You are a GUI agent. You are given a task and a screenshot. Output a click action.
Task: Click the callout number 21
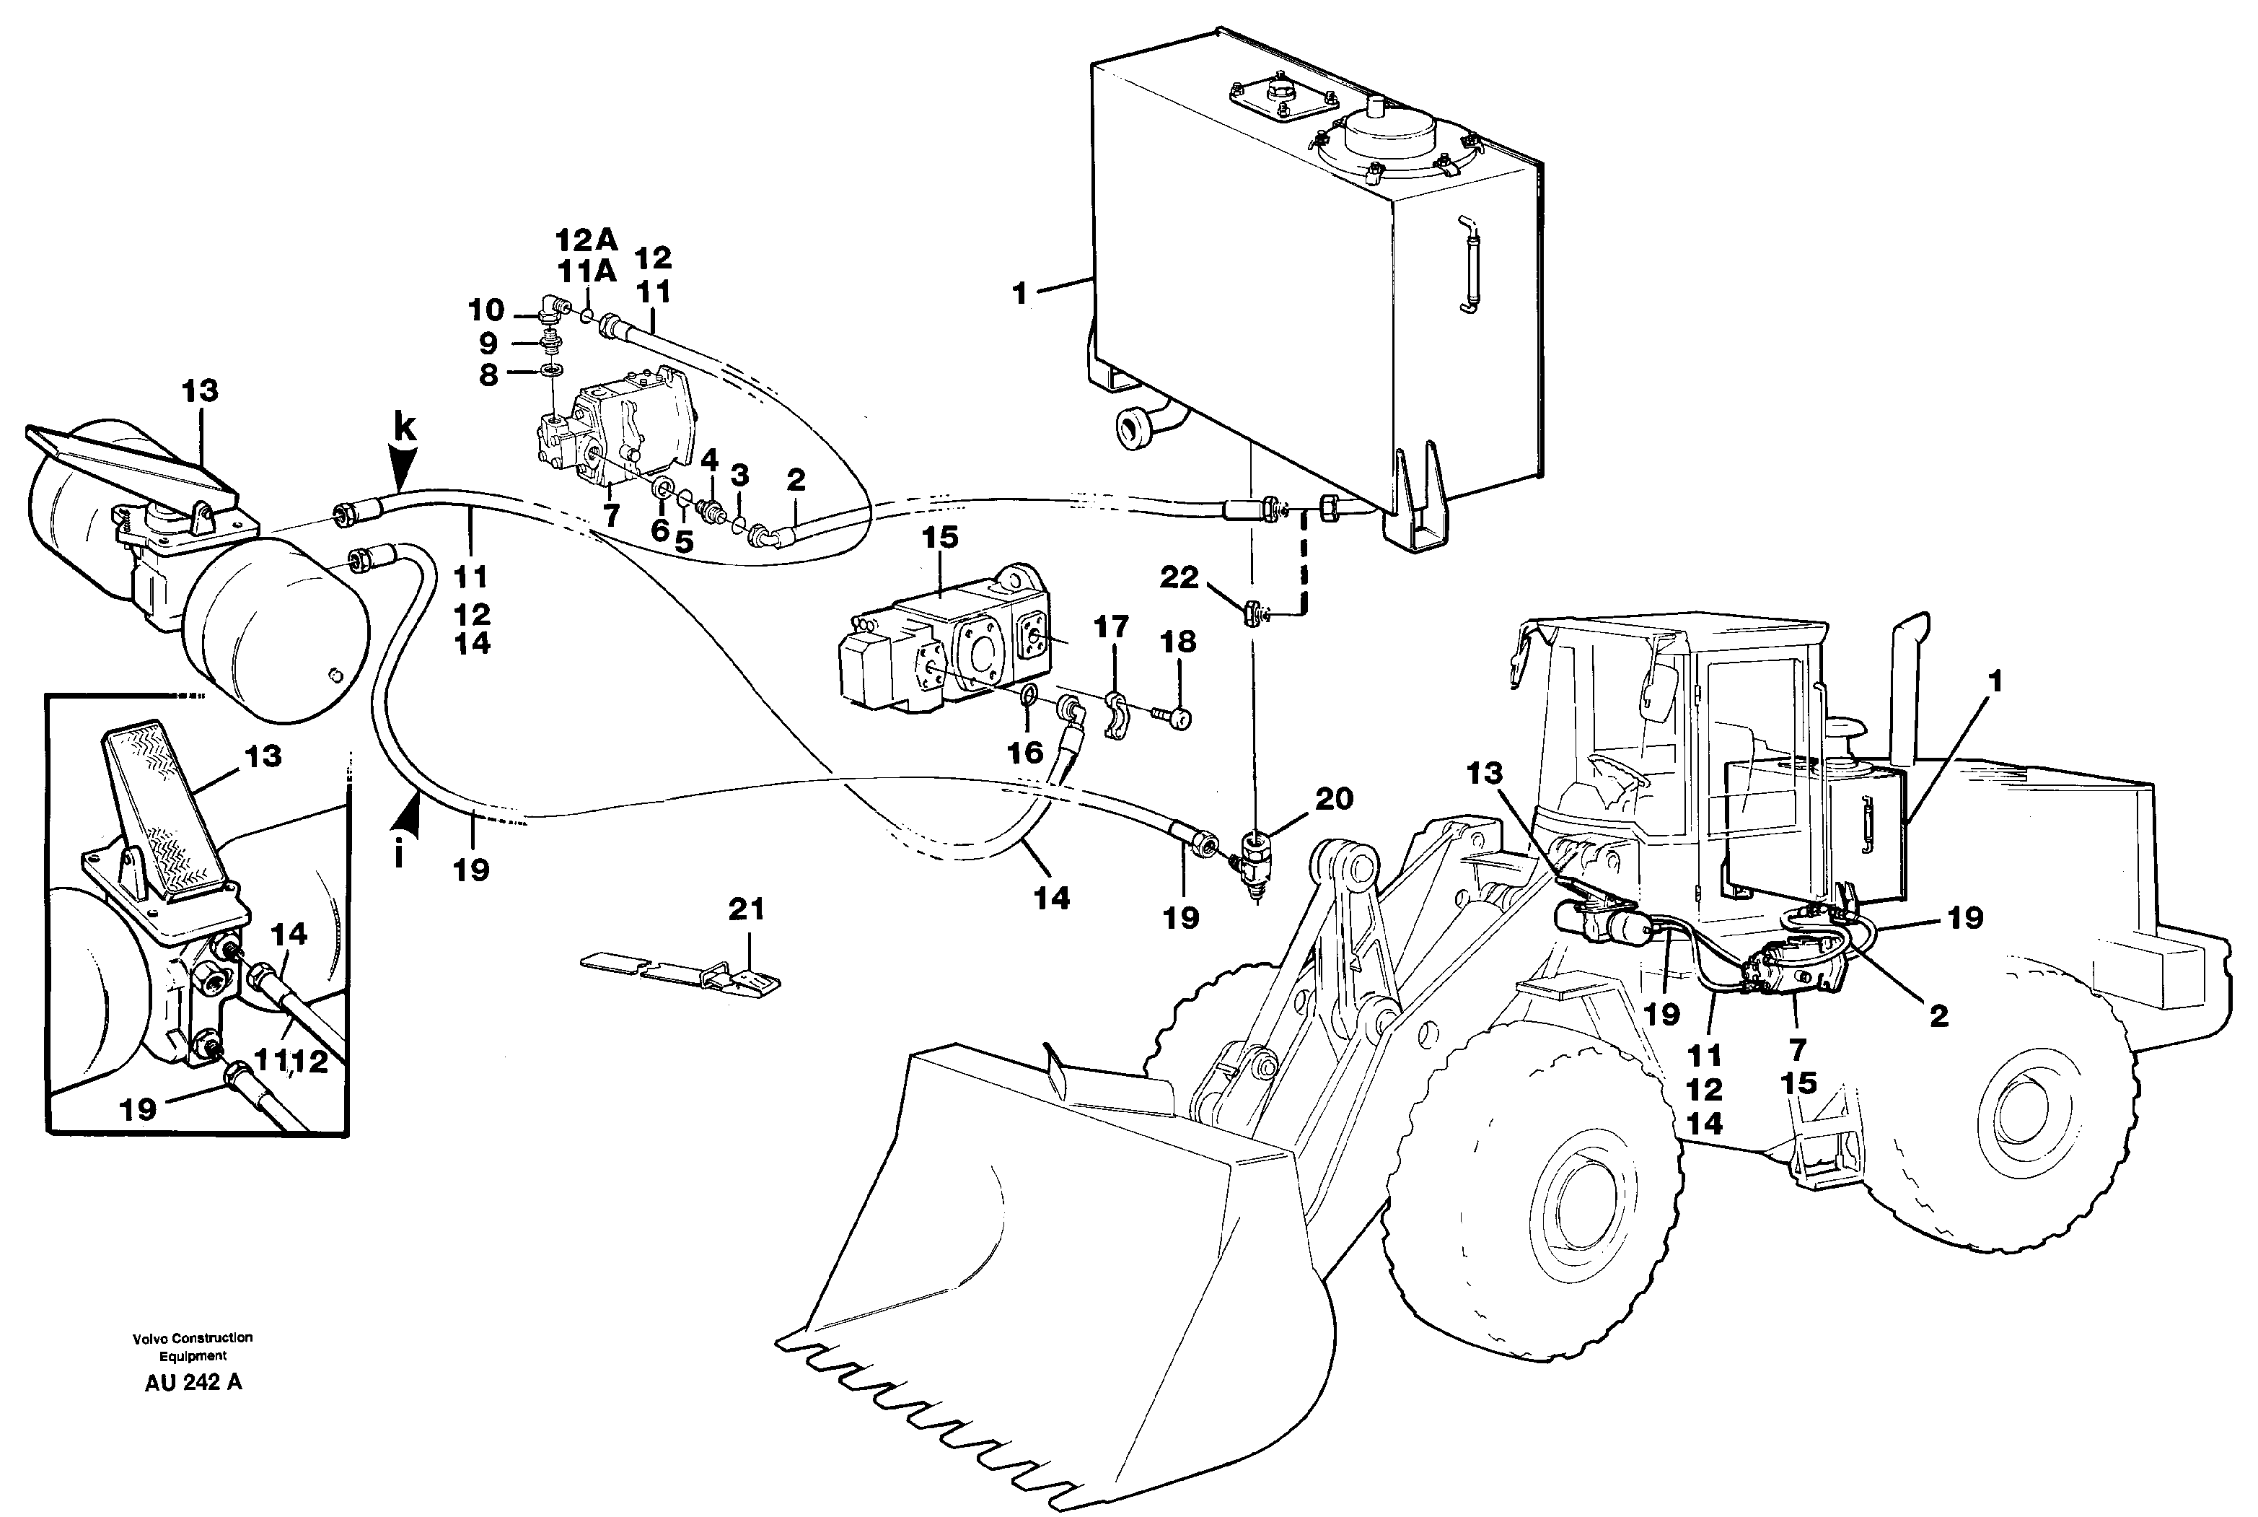(746, 909)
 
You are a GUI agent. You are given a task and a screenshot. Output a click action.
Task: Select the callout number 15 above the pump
(940, 537)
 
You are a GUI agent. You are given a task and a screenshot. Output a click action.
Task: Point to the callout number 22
(1179, 577)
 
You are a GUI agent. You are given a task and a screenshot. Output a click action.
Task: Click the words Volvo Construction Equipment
(193, 1346)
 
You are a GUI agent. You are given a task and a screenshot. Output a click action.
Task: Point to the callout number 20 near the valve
(1334, 799)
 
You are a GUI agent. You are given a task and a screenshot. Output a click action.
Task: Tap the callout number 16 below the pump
(1026, 752)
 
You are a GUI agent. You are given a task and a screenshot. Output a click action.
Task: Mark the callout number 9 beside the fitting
(488, 343)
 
